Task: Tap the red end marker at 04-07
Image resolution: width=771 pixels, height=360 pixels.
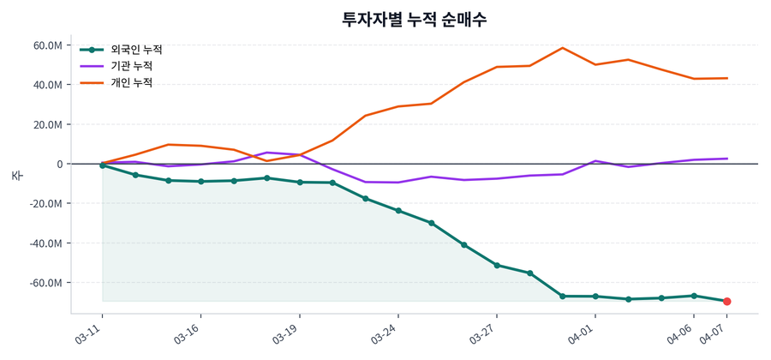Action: pyautogui.click(x=726, y=302)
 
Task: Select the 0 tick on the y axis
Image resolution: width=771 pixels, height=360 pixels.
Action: pyautogui.click(x=59, y=164)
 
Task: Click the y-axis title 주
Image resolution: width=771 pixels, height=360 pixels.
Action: pyautogui.click(x=16, y=176)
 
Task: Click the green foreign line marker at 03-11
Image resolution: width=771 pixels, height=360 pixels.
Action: pyautogui.click(x=103, y=165)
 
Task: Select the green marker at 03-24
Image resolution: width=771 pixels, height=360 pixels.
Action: pyautogui.click(x=398, y=211)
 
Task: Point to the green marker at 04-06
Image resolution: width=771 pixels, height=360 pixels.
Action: pyautogui.click(x=694, y=296)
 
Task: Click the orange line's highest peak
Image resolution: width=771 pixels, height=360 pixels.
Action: pyautogui.click(x=562, y=48)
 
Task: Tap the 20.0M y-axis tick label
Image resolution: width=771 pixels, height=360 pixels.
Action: pyautogui.click(x=47, y=124)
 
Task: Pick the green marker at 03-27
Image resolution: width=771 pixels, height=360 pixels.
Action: pyautogui.click(x=497, y=266)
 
